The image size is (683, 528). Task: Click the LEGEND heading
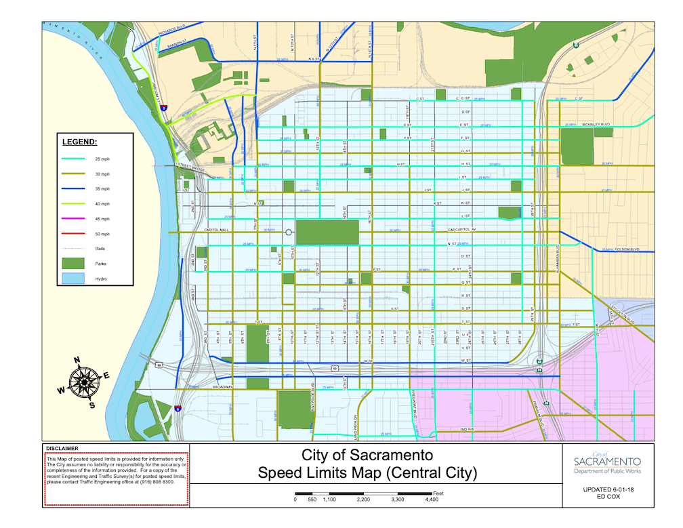[80, 142]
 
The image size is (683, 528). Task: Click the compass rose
[83, 382]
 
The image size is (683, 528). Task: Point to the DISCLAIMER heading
[62, 449]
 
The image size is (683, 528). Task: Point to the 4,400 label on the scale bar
[431, 500]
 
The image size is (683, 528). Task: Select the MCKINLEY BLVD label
[596, 124]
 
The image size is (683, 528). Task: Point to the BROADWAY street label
[223, 387]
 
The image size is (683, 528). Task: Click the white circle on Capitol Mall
[289, 232]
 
